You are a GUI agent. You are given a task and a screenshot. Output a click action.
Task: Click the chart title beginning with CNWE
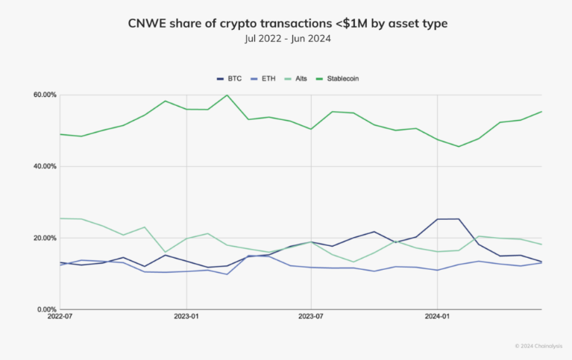(x=286, y=25)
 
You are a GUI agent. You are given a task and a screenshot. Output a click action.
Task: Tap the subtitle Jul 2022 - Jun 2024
(x=286, y=40)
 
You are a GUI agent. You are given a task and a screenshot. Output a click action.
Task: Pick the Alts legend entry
(x=300, y=78)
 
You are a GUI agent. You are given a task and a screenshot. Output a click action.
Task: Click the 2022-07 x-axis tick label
(x=60, y=317)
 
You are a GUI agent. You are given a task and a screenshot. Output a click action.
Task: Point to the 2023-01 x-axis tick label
(x=186, y=317)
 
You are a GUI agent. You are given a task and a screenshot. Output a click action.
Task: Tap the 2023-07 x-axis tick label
(x=311, y=317)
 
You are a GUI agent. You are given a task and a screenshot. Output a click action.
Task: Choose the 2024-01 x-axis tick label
(x=437, y=317)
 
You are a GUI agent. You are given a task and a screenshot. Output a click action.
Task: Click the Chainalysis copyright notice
(x=540, y=346)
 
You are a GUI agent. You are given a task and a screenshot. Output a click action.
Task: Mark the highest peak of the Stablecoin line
(x=227, y=95)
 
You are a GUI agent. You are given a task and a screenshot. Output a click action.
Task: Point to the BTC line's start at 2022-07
(x=60, y=262)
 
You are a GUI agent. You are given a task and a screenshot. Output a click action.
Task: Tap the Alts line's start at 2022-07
(x=60, y=218)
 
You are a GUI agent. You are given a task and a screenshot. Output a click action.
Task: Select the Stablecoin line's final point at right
(x=541, y=112)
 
